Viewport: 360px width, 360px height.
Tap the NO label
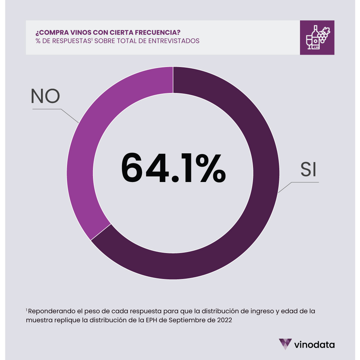click(x=45, y=96)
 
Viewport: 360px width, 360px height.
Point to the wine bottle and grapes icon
click(x=317, y=37)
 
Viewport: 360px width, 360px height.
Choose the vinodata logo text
click(x=314, y=344)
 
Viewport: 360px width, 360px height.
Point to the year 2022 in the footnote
click(x=225, y=320)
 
